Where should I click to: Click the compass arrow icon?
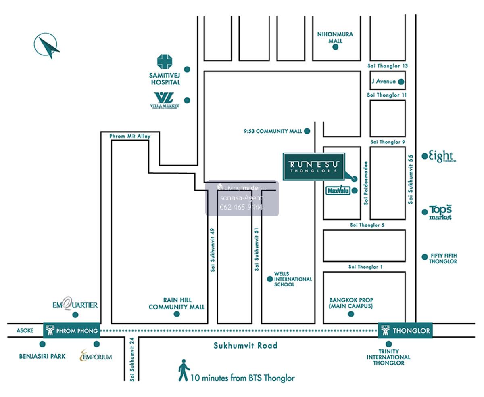[x=47, y=46]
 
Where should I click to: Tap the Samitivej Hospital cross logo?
[x=165, y=62]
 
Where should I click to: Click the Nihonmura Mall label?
[x=335, y=37]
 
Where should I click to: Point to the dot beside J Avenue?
[x=401, y=82]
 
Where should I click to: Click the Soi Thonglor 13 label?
[x=388, y=66]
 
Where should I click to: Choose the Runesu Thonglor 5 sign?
[x=314, y=166]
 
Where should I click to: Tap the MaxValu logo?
[x=338, y=190]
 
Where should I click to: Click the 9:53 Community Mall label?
[x=273, y=131]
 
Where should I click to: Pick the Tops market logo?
[x=440, y=212]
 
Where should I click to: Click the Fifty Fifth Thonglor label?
[x=443, y=258]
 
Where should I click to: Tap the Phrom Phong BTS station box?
[x=71, y=331]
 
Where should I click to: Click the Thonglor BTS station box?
[x=405, y=331]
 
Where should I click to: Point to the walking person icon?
[x=184, y=370]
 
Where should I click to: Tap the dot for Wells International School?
[x=270, y=279]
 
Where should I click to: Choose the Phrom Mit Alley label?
[x=130, y=137]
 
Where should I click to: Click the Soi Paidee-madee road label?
[x=366, y=183]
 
